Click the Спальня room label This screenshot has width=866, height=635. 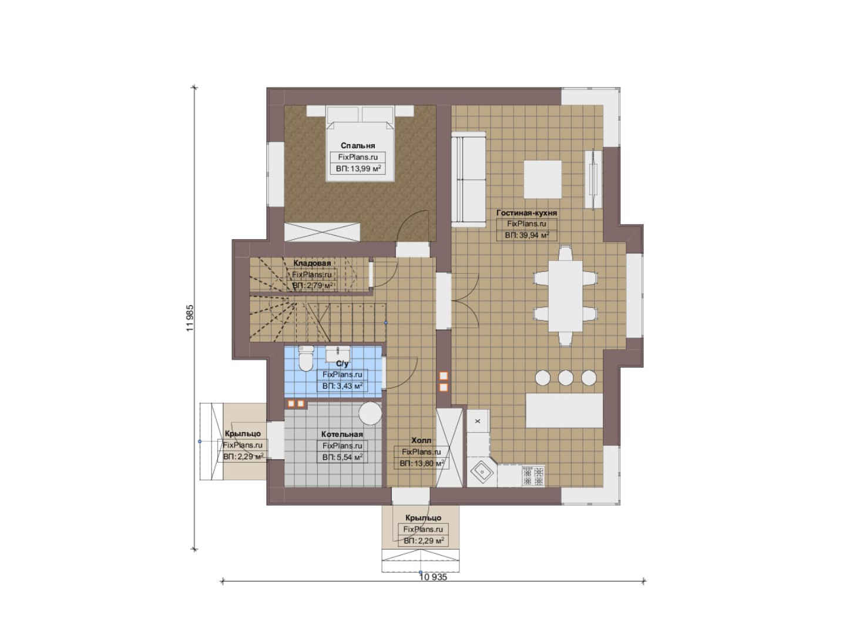(358, 145)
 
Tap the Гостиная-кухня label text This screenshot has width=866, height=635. (526, 213)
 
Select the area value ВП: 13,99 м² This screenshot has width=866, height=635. (358, 169)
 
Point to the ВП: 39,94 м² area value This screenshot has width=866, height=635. (527, 235)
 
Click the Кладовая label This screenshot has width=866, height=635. (312, 263)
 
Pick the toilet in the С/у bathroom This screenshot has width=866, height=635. (307, 358)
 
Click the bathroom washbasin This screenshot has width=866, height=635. (338, 353)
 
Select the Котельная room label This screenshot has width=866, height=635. (342, 434)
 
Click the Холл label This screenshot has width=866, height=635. (421, 440)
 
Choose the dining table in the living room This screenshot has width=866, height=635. (565, 296)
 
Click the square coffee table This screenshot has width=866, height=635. (543, 179)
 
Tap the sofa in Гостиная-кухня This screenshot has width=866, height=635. (469, 179)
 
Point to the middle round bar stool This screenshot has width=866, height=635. (566, 377)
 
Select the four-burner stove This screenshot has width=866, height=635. (533, 476)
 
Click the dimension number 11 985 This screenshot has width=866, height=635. (189, 318)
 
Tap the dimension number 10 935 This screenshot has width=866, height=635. (433, 588)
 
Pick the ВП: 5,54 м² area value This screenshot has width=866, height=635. (342, 457)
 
